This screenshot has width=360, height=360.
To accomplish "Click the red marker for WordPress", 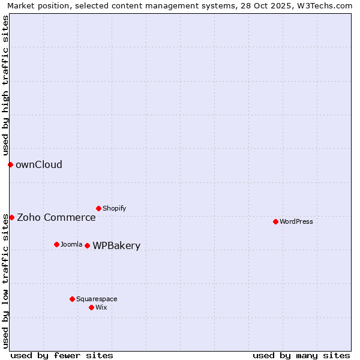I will click(x=275, y=221).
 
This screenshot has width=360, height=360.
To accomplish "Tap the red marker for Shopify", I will click(x=98, y=208).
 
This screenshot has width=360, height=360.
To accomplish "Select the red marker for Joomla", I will click(x=56, y=244).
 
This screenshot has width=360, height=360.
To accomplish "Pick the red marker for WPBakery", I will click(x=87, y=245).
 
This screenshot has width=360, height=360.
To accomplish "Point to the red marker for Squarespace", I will click(x=72, y=299).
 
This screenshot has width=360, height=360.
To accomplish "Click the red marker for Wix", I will click(x=91, y=307).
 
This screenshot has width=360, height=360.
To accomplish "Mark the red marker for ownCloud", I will click(x=10, y=164).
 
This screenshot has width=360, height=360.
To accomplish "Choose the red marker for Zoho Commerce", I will click(x=11, y=217).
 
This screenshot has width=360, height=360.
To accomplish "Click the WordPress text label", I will click(x=296, y=221).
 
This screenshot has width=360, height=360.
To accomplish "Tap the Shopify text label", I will click(x=115, y=208).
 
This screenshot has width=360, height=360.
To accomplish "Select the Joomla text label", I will click(x=71, y=244).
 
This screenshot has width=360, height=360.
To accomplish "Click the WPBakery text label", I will click(x=116, y=246).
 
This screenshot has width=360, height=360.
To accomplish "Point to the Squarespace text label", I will click(x=97, y=299).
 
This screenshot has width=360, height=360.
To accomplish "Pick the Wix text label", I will click(x=101, y=307).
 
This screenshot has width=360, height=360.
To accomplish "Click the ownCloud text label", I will click(x=39, y=165).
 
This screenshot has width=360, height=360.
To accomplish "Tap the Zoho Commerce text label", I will click(x=56, y=218).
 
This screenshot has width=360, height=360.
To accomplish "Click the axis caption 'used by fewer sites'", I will click(x=62, y=355).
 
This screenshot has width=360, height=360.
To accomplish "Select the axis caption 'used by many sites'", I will click(x=301, y=355).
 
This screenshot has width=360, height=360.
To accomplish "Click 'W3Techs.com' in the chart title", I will click(x=327, y=5).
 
